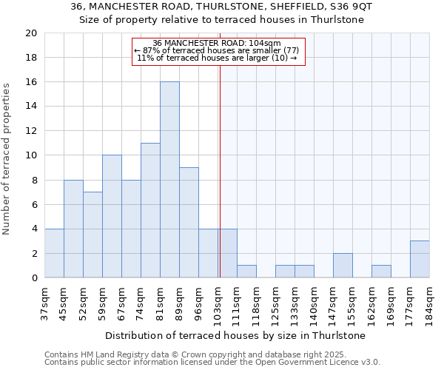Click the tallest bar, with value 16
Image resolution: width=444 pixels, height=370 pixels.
(x=169, y=180)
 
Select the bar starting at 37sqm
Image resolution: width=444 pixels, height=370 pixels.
(x=54, y=253)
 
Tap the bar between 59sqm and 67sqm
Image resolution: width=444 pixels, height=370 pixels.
(x=112, y=216)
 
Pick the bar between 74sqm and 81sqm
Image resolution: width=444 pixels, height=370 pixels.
(x=150, y=210)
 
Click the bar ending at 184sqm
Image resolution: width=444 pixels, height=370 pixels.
(x=420, y=259)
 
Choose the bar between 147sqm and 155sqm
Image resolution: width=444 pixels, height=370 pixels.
(x=343, y=265)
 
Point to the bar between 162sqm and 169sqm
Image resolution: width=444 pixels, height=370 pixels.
(x=381, y=271)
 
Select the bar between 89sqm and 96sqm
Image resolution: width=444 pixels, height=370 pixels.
(x=189, y=222)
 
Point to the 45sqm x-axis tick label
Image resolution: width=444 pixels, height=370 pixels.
(x=64, y=301)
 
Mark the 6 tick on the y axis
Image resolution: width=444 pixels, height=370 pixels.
(x=33, y=204)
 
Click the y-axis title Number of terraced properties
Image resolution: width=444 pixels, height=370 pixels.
(x=7, y=158)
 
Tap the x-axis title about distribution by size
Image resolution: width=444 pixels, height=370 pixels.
(x=235, y=336)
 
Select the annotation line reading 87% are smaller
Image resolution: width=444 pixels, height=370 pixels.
(x=217, y=50)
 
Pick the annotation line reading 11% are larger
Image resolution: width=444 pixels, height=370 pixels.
(x=217, y=58)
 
